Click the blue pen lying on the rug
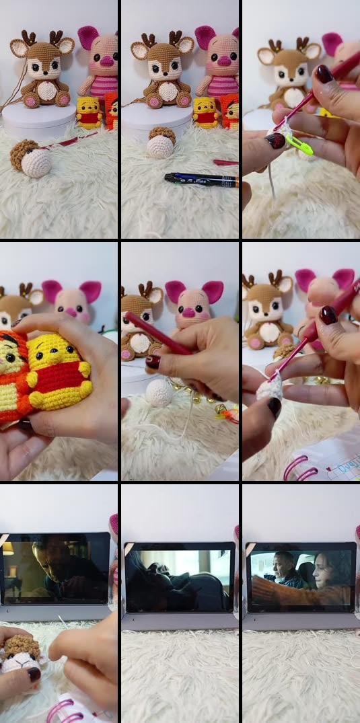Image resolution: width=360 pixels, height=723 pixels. pos(201,178)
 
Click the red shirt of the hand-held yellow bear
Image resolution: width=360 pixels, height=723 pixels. pos(62,388)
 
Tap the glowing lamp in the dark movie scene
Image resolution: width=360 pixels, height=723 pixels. pos(9,548)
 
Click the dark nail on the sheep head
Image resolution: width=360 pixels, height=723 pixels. pos(34,673)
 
